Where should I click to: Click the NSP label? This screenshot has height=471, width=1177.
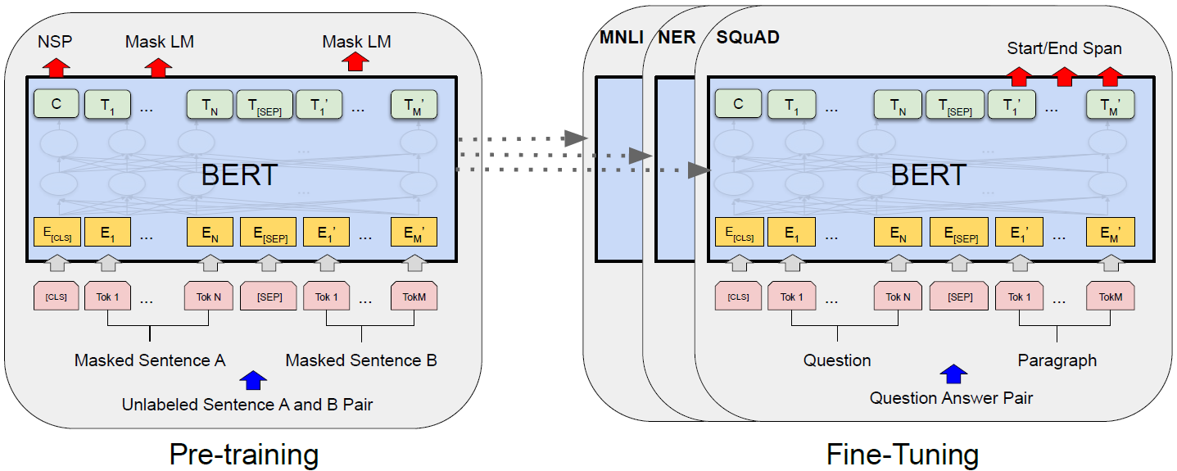pos(56,40)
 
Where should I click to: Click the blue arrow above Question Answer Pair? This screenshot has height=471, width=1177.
pos(951,374)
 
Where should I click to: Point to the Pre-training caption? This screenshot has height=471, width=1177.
pos(243,453)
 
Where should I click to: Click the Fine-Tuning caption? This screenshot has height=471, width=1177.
pos(902,453)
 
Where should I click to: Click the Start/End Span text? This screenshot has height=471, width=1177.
pos(1064,48)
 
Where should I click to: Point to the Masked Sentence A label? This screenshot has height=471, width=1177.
pos(150,360)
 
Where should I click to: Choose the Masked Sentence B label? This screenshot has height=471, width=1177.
pos(361,360)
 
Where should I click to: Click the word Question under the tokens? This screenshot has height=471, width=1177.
pos(837,360)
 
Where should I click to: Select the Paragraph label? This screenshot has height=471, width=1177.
pos(1057,360)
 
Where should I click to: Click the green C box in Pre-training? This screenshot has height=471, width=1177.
pos(56,104)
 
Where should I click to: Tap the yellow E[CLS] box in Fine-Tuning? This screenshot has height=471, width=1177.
pos(738,233)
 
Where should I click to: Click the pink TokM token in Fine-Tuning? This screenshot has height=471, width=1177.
pos(1110,297)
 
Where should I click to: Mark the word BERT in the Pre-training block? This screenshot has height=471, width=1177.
pos(239,175)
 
